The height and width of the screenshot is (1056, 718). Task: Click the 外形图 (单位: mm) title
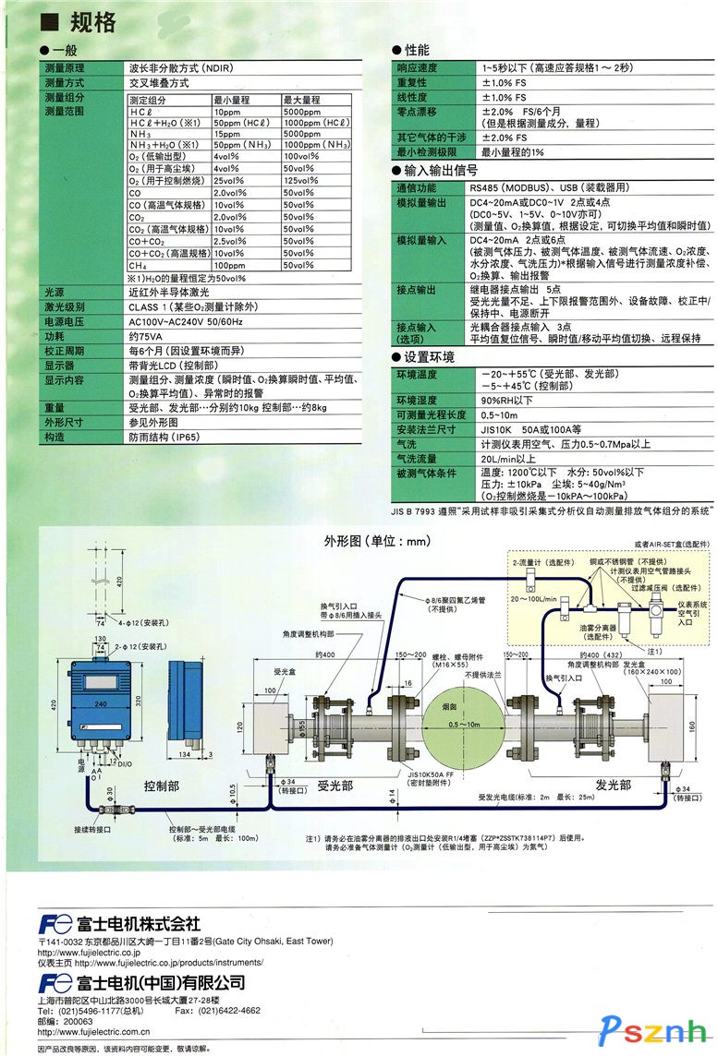[351, 541]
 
